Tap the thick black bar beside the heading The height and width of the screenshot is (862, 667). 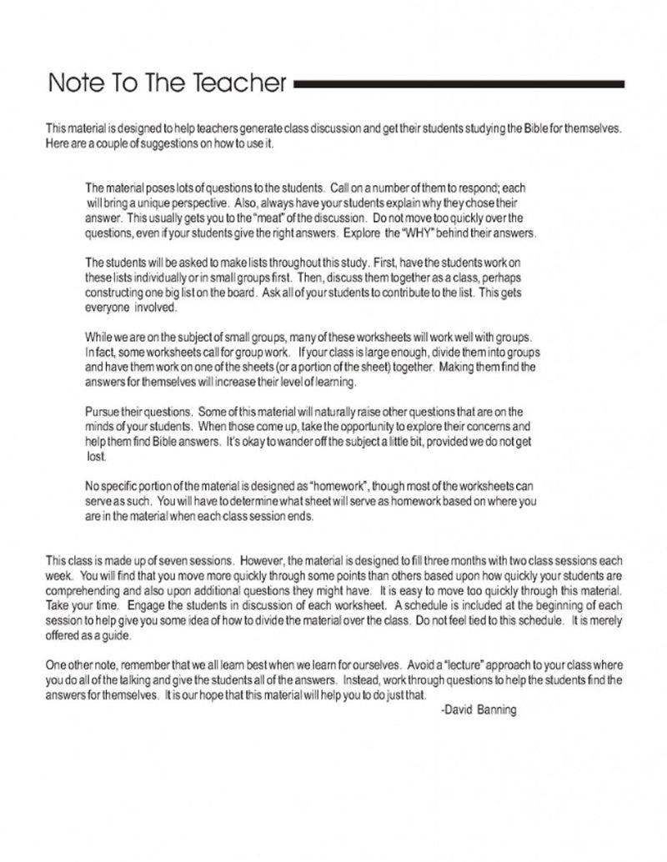459,84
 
